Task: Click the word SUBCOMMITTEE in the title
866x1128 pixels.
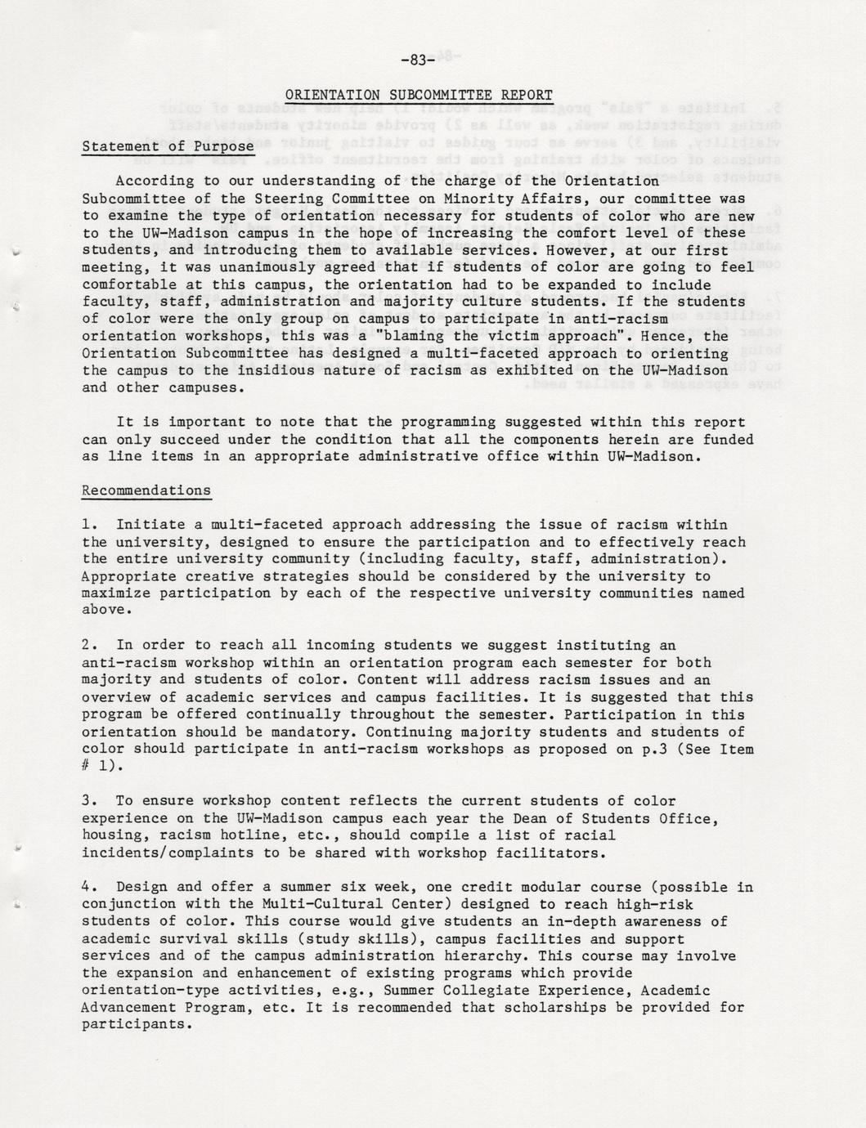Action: coord(436,95)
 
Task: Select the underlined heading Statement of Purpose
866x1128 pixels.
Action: coord(168,147)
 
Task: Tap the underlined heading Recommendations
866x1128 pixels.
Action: coord(146,491)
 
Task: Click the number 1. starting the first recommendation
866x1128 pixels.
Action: coord(90,525)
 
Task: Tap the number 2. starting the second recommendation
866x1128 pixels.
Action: coord(90,646)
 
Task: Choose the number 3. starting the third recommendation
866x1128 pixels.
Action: coord(90,801)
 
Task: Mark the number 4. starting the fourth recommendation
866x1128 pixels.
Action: coord(90,887)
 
